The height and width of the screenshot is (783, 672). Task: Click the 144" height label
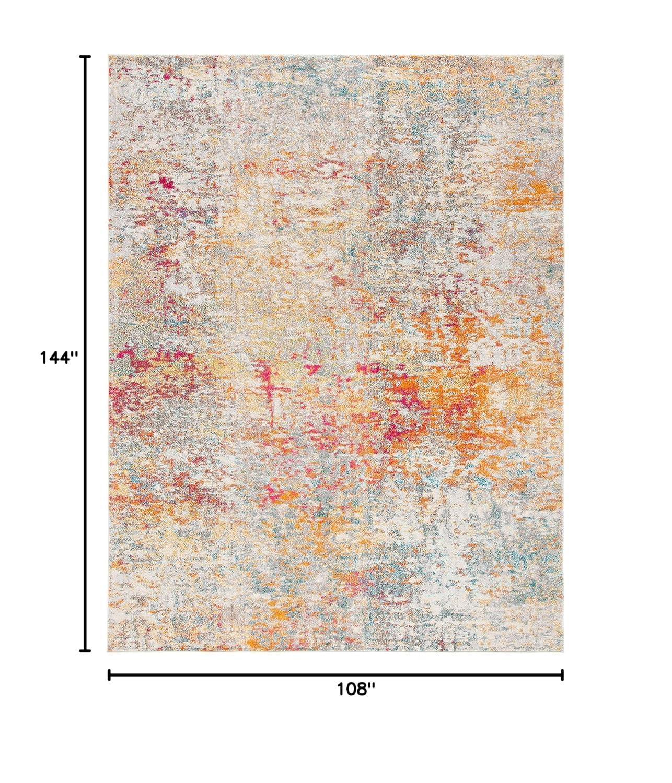coord(59,358)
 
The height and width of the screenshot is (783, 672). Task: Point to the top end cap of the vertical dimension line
coord(84,56)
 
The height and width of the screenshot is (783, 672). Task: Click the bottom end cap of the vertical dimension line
coord(84,650)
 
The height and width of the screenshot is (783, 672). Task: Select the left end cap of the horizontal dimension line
coord(109,675)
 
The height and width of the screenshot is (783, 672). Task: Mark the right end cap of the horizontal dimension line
coord(562,675)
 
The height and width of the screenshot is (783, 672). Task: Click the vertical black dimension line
coord(84,261)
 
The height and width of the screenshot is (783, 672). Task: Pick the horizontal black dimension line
coord(334,675)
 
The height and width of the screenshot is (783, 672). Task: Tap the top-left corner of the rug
coord(109,55)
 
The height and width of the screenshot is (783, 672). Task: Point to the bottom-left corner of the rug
coord(109,651)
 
